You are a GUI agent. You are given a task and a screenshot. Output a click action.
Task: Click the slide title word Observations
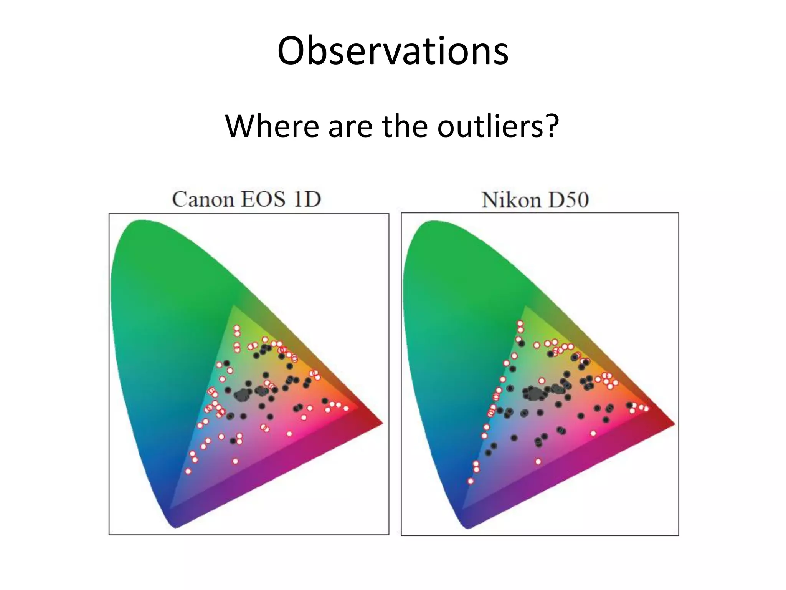[393, 51]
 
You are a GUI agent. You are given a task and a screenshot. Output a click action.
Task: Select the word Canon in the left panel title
[203, 199]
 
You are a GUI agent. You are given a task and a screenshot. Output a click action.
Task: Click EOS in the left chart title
[263, 199]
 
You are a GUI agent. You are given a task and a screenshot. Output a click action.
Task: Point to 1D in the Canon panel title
[307, 199]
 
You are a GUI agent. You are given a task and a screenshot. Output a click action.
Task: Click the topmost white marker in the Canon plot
[237, 328]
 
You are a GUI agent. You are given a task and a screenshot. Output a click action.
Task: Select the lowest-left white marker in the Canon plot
[188, 471]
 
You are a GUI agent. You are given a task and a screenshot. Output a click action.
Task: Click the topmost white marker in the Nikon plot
[520, 323]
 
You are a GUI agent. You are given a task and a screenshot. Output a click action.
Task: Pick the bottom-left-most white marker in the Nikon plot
[471, 481]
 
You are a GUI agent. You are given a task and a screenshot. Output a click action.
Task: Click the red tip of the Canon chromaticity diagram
[381, 423]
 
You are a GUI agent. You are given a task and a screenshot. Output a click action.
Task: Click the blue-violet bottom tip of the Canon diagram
[176, 525]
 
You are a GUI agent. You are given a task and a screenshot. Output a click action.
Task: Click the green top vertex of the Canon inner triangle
[233, 306]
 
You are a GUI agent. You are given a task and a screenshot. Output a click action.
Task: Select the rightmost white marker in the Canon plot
[346, 408]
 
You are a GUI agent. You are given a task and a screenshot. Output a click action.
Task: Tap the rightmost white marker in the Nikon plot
[646, 409]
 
